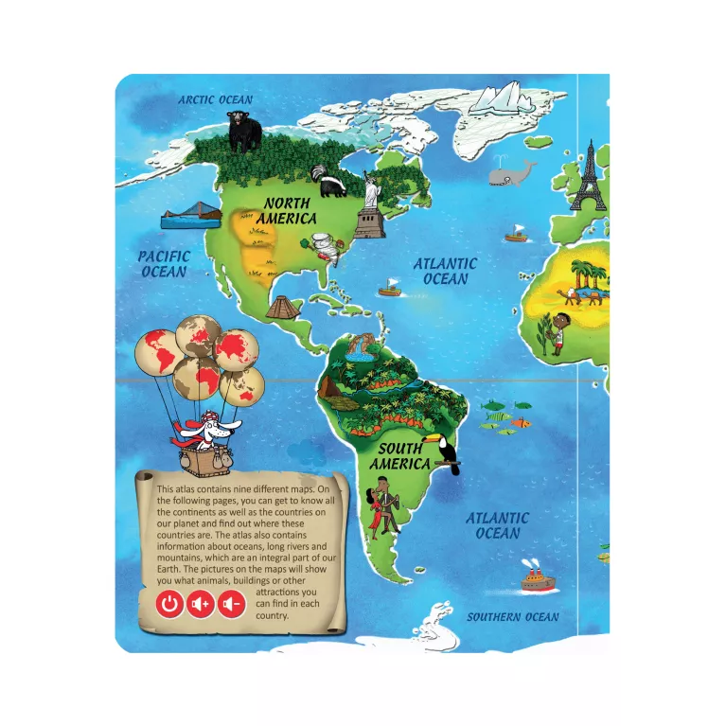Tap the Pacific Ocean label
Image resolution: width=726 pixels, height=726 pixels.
(165, 264)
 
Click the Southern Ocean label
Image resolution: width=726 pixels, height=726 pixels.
(512, 617)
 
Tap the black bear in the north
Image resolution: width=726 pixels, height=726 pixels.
(244, 131)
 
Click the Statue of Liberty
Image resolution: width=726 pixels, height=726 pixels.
(370, 204)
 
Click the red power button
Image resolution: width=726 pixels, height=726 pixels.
(169, 604)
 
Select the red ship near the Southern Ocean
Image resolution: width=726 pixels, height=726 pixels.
(536, 578)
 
